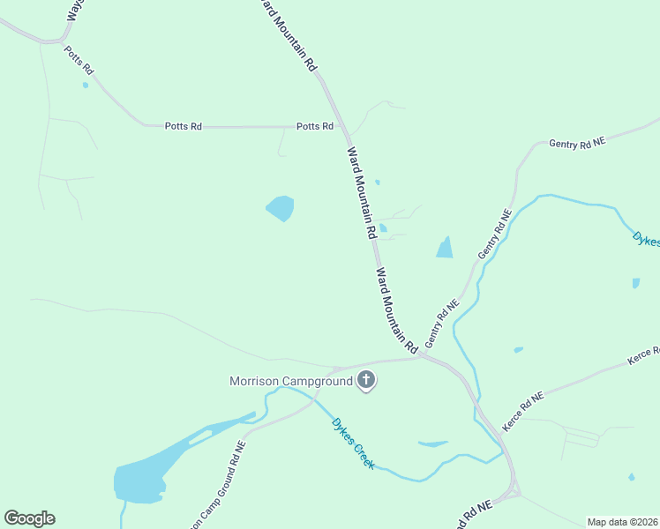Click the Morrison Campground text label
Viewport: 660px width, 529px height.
point(291,382)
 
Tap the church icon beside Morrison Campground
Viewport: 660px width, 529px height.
point(366,381)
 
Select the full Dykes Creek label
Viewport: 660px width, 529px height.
point(353,443)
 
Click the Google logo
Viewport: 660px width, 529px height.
point(29,518)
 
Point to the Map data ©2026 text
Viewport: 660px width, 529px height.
point(622,521)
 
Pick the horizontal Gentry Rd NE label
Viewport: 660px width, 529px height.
point(577,143)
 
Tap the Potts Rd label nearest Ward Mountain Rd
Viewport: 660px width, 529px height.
point(315,126)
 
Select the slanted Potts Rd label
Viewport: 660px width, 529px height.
point(79,59)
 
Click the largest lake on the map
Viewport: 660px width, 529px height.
point(141,481)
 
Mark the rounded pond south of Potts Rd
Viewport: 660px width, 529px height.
point(281,209)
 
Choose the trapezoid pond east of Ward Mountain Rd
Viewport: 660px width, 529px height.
point(445,249)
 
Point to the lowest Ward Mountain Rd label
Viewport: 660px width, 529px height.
point(396,311)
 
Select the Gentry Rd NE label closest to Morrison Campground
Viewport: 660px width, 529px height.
point(444,324)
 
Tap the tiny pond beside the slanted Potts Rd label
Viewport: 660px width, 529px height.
point(86,86)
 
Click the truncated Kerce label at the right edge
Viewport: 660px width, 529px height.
point(644,354)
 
